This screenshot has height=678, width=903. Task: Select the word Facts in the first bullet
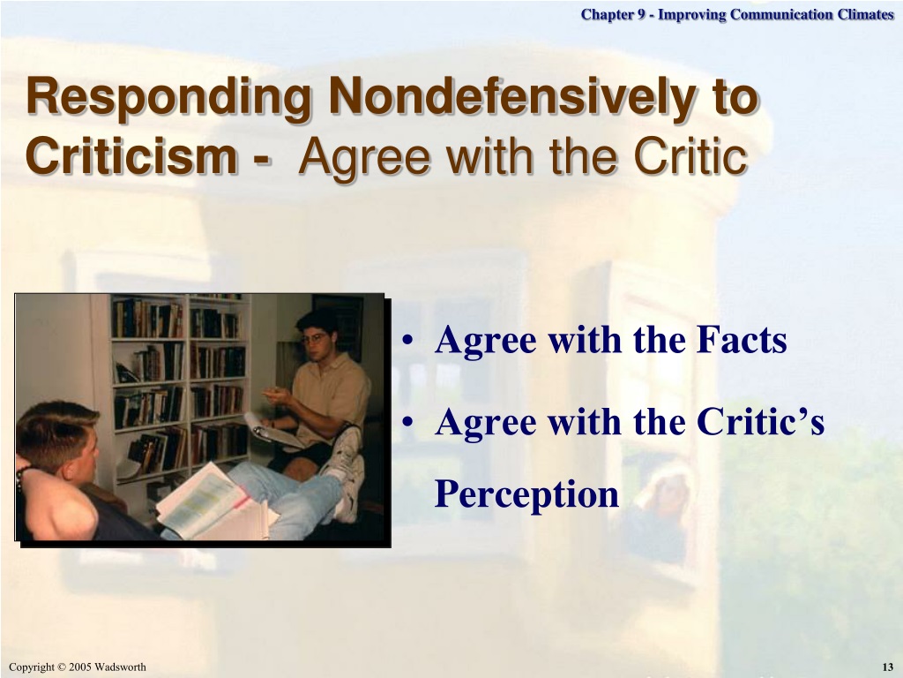point(741,340)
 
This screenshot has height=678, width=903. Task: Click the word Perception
point(526,494)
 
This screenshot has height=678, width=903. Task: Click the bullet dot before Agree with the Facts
point(407,342)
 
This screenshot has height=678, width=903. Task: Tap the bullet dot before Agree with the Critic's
point(407,424)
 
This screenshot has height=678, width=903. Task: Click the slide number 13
point(887,667)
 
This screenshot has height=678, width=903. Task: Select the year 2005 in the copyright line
point(80,667)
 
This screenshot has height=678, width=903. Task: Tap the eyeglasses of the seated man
point(315,339)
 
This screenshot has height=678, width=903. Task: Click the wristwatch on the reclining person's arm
point(21,478)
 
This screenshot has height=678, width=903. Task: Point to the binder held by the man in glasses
point(273,430)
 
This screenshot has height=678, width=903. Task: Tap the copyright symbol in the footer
point(63,667)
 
